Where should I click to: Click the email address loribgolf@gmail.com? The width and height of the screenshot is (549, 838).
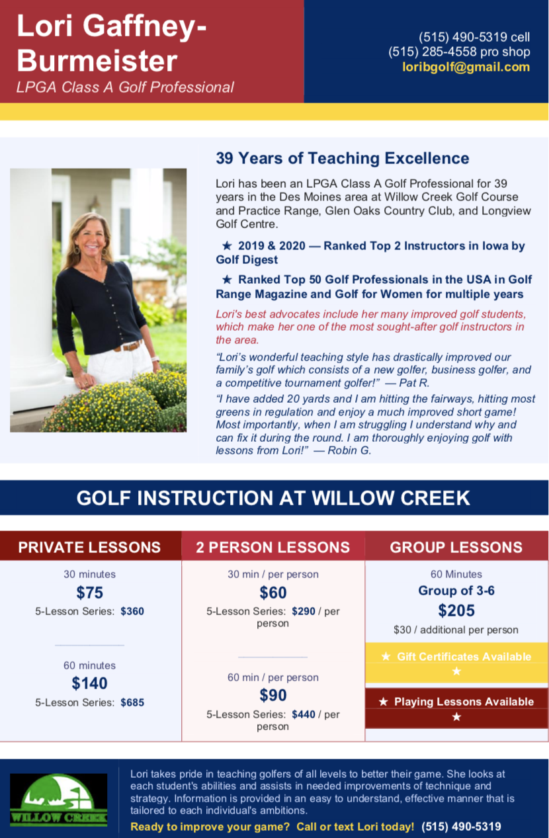[x=466, y=67]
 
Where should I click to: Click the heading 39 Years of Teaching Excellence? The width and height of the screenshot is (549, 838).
[x=342, y=158]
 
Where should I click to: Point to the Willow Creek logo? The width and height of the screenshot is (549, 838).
[x=58, y=800]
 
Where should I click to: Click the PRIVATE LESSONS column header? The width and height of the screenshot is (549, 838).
[x=89, y=547]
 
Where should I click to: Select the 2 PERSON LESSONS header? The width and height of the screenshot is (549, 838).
[x=273, y=547]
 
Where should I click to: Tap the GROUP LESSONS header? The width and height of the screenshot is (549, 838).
[x=456, y=547]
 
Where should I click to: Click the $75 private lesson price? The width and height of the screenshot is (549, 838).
[x=89, y=592]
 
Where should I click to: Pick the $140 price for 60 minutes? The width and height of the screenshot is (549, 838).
[x=89, y=683]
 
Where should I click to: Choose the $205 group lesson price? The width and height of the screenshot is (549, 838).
[x=456, y=610]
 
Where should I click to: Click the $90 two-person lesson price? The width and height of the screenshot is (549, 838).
[x=273, y=695]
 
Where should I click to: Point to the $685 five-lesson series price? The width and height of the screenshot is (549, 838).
[x=132, y=702]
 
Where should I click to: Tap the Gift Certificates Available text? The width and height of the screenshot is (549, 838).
[x=463, y=657]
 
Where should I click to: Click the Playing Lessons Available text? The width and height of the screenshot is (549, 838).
[x=463, y=702]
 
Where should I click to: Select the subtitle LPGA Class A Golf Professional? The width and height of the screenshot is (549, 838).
[x=125, y=87]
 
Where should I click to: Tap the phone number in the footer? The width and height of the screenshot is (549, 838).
[x=461, y=826]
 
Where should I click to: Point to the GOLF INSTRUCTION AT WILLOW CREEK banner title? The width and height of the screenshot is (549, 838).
[x=273, y=498]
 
